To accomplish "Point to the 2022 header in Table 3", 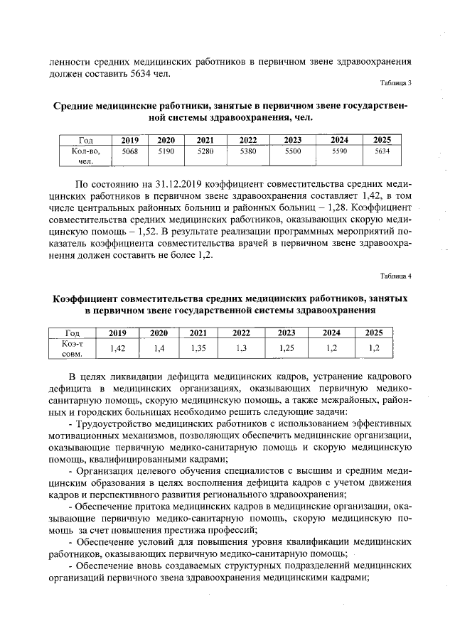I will (248, 140).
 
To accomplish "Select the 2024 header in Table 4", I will (331, 332).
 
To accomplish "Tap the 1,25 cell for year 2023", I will (287, 348).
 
